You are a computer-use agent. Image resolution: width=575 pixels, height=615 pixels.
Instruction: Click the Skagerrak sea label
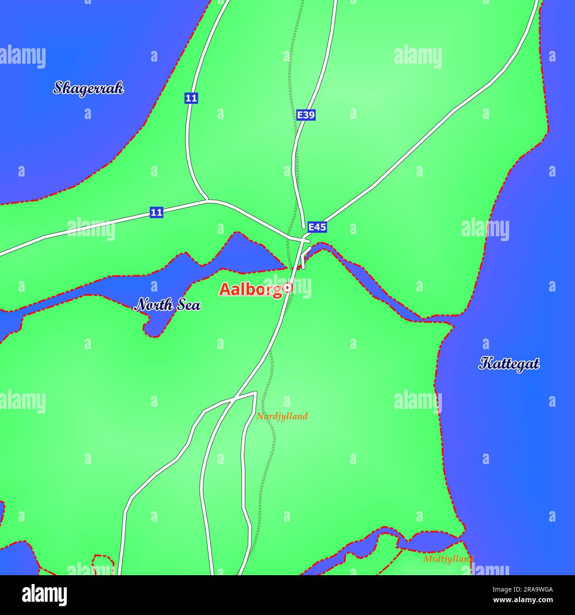click(x=88, y=88)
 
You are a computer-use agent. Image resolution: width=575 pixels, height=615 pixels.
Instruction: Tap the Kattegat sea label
click(x=509, y=364)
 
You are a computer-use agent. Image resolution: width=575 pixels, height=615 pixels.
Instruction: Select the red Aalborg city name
click(x=251, y=289)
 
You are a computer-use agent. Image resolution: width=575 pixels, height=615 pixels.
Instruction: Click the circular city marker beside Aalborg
click(x=288, y=288)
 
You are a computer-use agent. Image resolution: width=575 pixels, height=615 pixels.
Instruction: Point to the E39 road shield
click(x=306, y=115)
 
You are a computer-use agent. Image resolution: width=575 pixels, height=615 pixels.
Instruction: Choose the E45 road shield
click(x=317, y=227)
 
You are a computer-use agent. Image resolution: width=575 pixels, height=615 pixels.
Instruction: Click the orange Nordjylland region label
click(x=282, y=416)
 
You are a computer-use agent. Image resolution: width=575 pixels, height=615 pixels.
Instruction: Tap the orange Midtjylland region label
click(x=448, y=559)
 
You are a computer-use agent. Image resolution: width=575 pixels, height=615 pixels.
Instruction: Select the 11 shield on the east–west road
click(x=156, y=212)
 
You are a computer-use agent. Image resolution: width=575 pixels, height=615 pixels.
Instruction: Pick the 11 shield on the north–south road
click(x=191, y=98)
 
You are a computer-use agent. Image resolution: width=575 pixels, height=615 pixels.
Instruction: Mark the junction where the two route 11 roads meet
click(x=208, y=200)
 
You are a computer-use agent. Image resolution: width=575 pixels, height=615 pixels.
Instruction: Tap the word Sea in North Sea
click(x=190, y=305)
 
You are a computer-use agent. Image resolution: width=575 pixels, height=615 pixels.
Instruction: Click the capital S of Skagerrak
click(x=57, y=88)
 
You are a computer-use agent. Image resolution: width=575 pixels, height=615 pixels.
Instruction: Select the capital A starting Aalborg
click(x=225, y=290)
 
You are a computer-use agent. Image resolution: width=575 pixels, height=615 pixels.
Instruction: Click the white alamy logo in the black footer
click(x=45, y=595)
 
